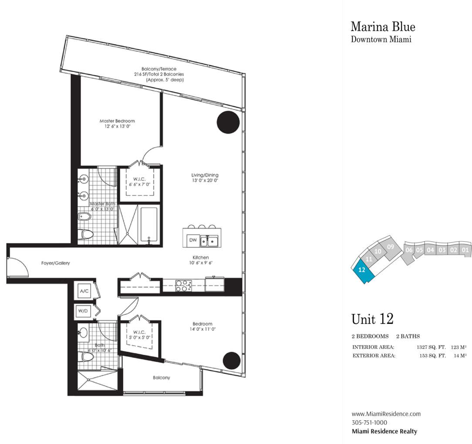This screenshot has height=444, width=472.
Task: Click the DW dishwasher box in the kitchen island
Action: pyautogui.click(x=193, y=240)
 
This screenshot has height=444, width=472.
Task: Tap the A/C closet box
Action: pyautogui.click(x=84, y=291)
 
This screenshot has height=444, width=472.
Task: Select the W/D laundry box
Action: pyautogui.click(x=83, y=311)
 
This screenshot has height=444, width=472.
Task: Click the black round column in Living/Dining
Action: pyautogui.click(x=228, y=122)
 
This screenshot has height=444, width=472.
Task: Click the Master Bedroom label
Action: pyautogui.click(x=117, y=121)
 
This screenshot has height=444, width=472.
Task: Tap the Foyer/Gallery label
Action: pyautogui.click(x=55, y=263)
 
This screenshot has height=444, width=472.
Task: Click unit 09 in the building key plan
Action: pyautogui.click(x=390, y=247)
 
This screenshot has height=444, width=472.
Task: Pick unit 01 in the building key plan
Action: pyautogui.click(x=465, y=250)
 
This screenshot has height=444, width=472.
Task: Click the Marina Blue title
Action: pyautogui.click(x=383, y=27)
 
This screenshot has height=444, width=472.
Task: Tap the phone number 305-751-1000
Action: pyautogui.click(x=369, y=422)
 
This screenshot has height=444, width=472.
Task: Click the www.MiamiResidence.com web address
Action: pyautogui.click(x=386, y=414)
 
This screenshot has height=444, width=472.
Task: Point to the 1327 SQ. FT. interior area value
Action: pyautogui.click(x=431, y=347)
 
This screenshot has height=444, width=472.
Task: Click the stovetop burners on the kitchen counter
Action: pyautogui.click(x=184, y=286)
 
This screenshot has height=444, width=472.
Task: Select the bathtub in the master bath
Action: pyautogui.click(x=149, y=224)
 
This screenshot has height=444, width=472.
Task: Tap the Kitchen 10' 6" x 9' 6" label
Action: pyautogui.click(x=201, y=260)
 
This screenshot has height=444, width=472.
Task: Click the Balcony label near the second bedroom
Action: pyautogui.click(x=162, y=377)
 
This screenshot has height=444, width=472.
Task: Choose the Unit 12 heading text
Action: pyautogui.click(x=372, y=319)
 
